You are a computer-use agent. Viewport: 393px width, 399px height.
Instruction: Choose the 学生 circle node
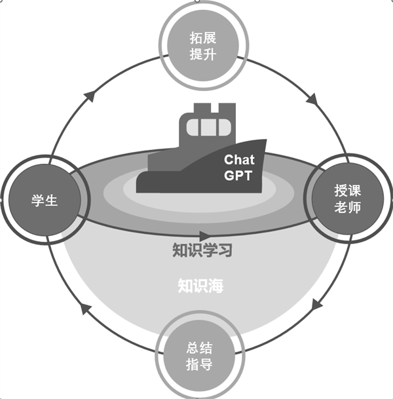pos(45,200)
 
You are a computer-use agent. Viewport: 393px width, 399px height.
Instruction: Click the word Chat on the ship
pos(238,159)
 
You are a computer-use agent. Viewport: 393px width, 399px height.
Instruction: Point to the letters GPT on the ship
pos(238,176)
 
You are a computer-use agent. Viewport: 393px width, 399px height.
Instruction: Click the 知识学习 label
pos(202,250)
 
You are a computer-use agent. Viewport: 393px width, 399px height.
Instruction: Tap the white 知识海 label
pos(200,285)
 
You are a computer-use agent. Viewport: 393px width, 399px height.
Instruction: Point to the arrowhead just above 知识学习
pos(205,235)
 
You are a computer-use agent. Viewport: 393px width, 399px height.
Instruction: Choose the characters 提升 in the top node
pos(203,54)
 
